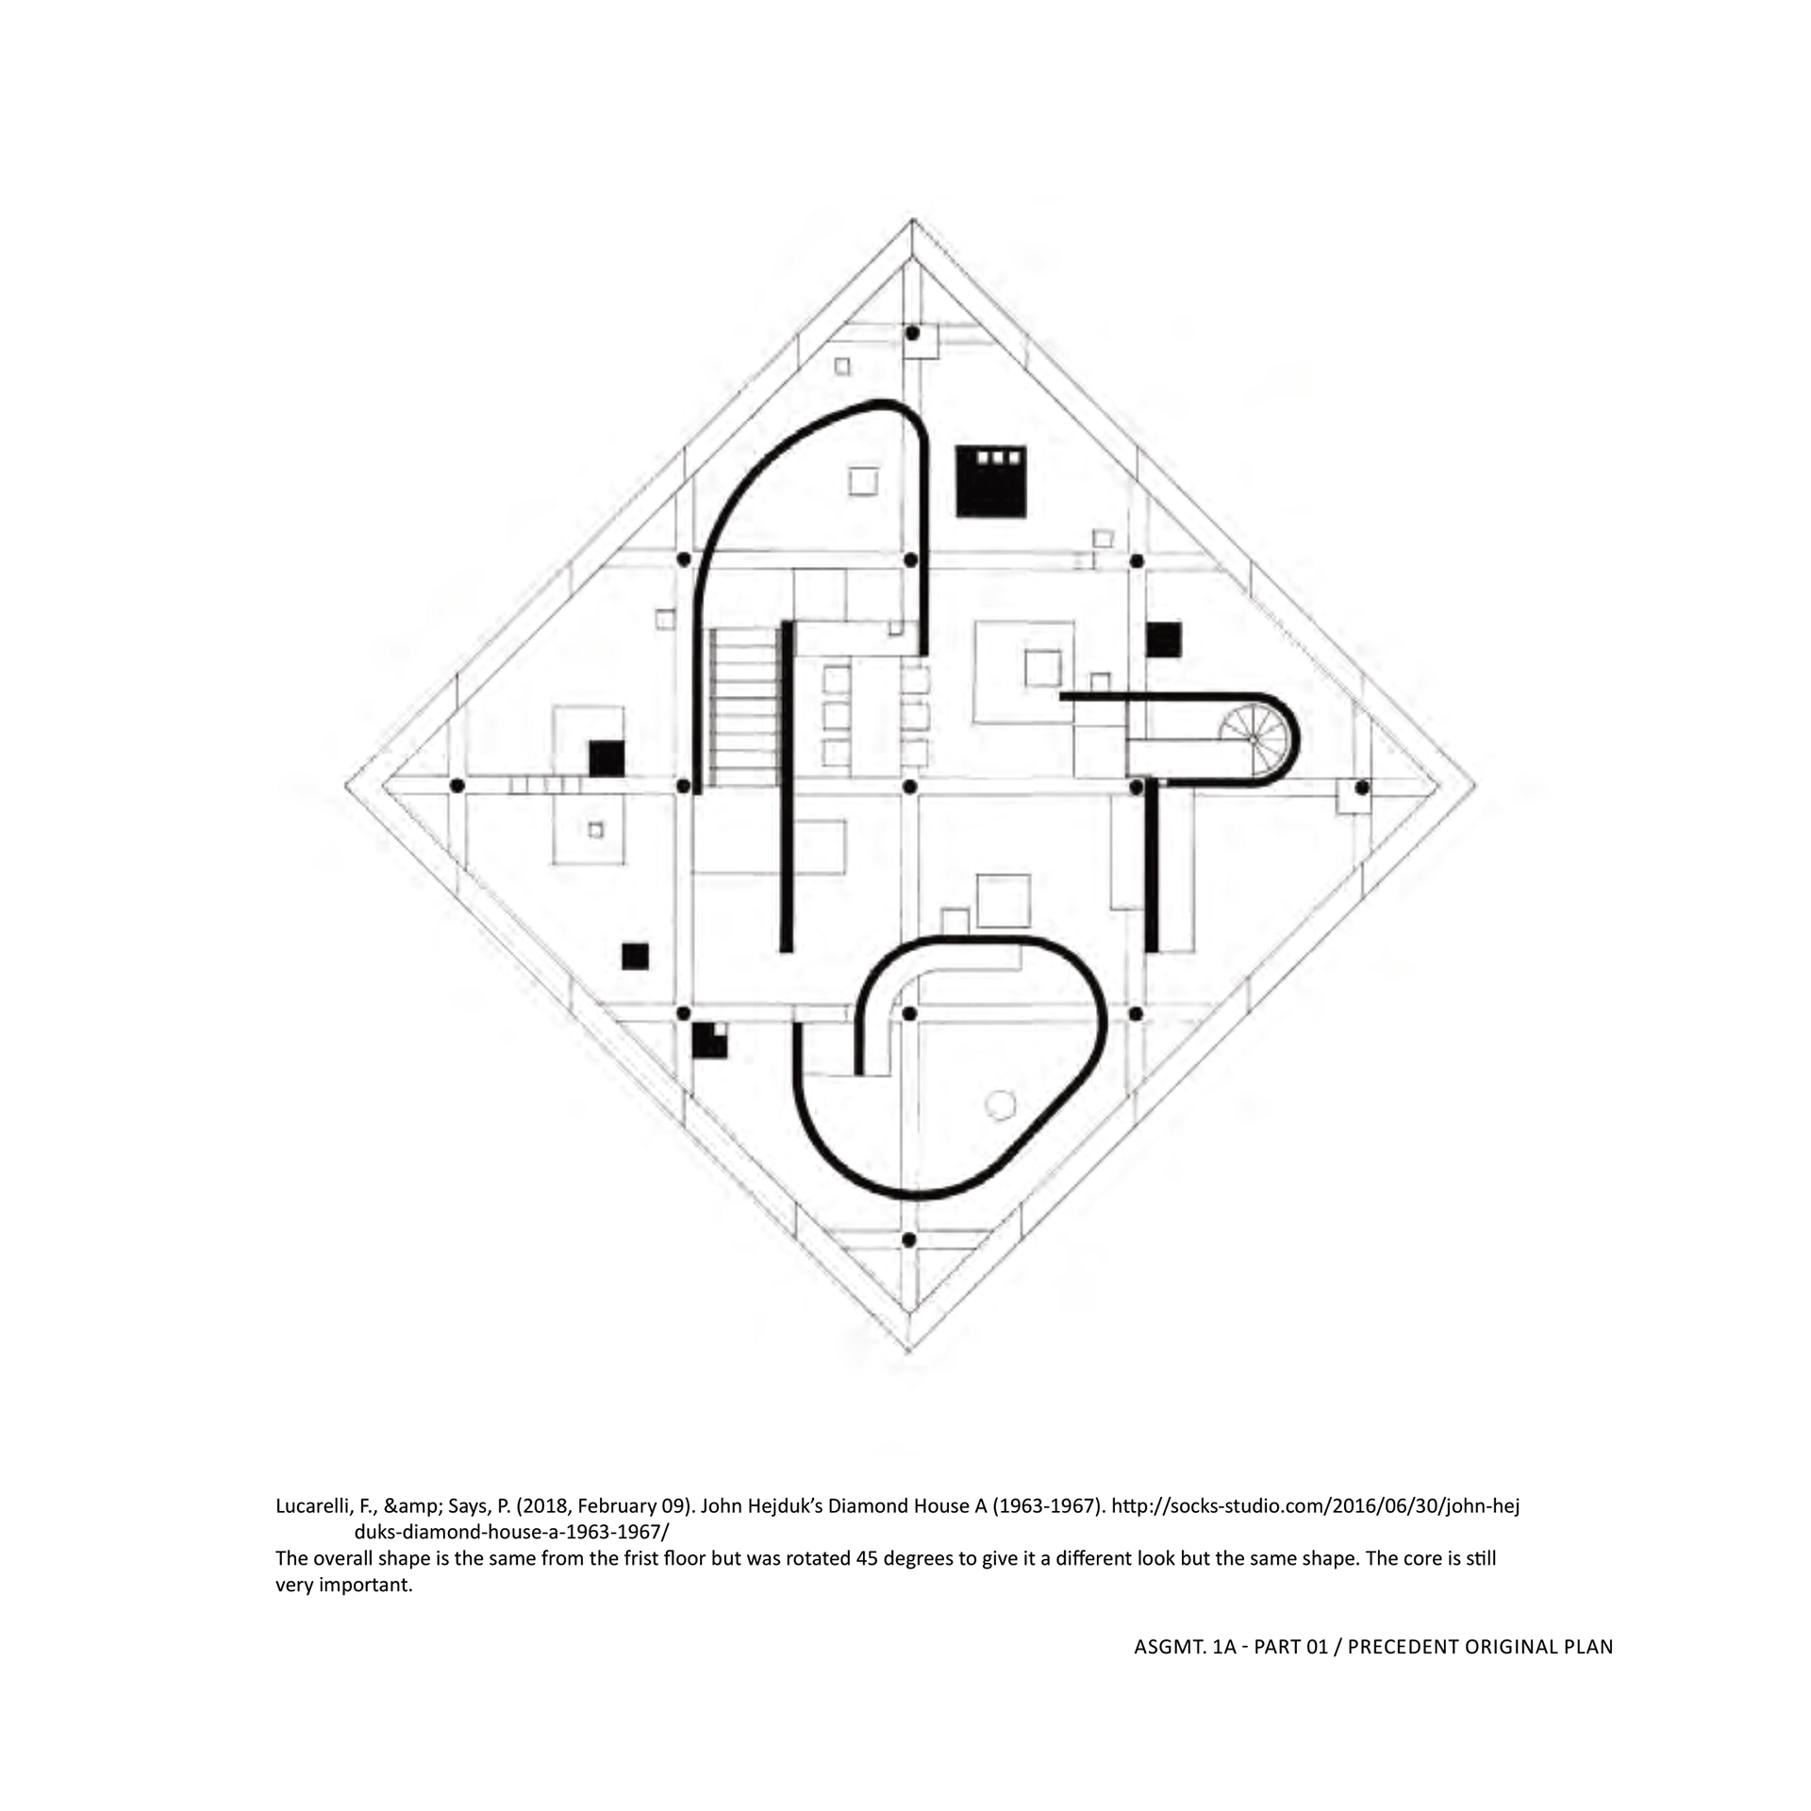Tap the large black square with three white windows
(x=990, y=481)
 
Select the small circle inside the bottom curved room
(x=999, y=1105)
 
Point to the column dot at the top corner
(x=912, y=333)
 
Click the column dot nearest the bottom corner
(x=909, y=1239)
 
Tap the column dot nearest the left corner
(x=457, y=786)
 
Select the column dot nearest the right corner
(x=1362, y=787)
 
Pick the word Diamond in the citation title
(x=865, y=1506)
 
